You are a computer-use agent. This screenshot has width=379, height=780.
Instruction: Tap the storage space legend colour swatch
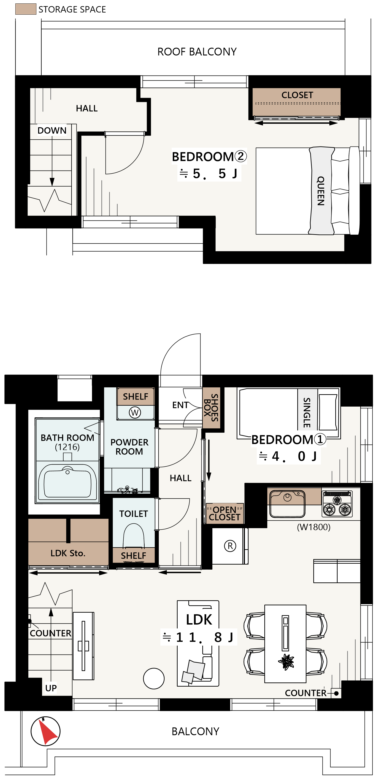pyautogui.click(x=26, y=9)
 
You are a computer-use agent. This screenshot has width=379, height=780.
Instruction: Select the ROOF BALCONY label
pyautogui.click(x=197, y=52)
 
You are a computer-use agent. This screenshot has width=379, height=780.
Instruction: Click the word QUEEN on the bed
pyautogui.click(x=321, y=191)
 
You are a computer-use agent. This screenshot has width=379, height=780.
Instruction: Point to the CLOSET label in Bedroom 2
pyautogui.click(x=297, y=95)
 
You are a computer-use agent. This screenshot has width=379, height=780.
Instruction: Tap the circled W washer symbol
pyautogui.click(x=135, y=412)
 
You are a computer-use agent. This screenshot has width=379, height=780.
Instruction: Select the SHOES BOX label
pyautogui.click(x=211, y=407)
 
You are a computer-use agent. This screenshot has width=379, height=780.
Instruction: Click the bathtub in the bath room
pyautogui.click(x=68, y=481)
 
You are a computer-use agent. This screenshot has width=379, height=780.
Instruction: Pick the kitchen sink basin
pyautogui.click(x=288, y=503)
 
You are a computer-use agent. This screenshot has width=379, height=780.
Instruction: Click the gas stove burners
pyautogui.click(x=337, y=504)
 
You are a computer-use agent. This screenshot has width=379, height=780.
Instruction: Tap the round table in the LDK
pyautogui.click(x=154, y=679)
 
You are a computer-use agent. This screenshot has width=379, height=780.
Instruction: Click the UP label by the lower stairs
pyautogui.click(x=51, y=688)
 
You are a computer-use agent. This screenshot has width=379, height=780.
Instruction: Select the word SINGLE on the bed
pyautogui.click(x=307, y=412)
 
